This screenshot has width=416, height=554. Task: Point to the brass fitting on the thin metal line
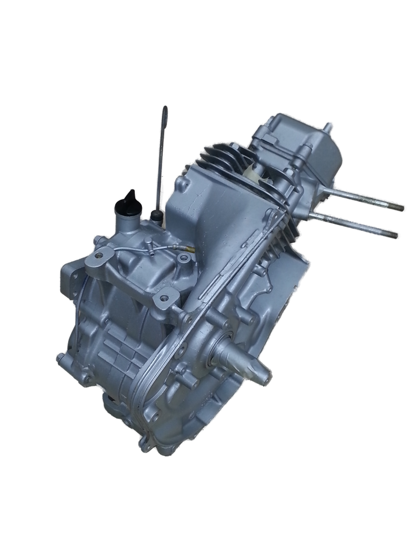191,248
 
